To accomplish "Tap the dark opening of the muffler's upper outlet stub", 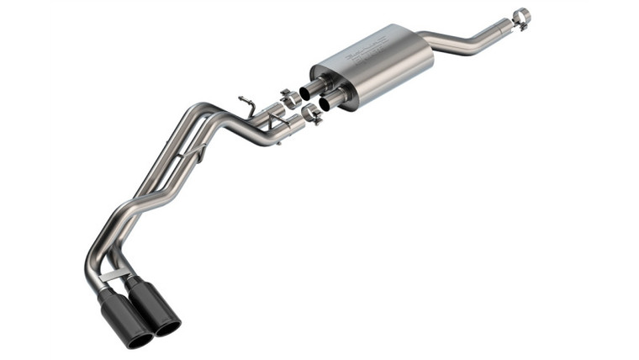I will [305, 92].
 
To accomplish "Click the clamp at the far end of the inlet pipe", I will [521, 18].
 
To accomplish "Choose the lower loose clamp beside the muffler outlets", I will [312, 114].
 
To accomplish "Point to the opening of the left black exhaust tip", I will [139, 337].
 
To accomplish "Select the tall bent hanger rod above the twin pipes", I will [247, 105].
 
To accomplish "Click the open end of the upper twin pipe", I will [278, 113].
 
